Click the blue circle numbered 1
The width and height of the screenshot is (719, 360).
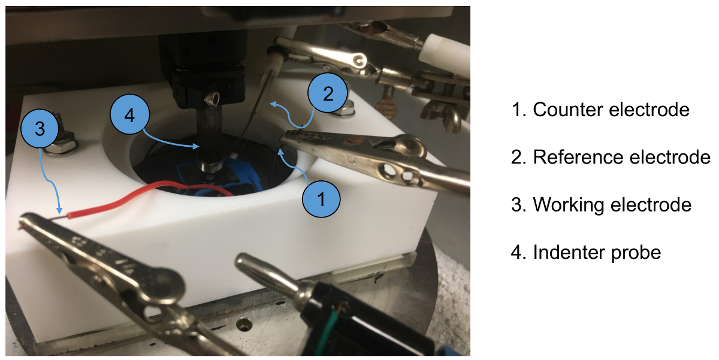pyautogui.click(x=321, y=199)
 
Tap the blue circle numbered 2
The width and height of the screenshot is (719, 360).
pyautogui.click(x=328, y=93)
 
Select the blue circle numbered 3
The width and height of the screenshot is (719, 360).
pyautogui.click(x=40, y=128)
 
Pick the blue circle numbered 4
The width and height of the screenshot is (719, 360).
pyautogui.click(x=129, y=114)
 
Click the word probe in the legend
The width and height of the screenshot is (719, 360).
pyautogui.click(x=636, y=253)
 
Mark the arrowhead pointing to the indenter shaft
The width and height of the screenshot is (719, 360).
pyautogui.click(x=195, y=146)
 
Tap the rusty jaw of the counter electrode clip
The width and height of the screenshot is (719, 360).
pyautogui.click(x=308, y=137)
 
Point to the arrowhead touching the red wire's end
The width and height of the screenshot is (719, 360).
pyautogui.click(x=59, y=210)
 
